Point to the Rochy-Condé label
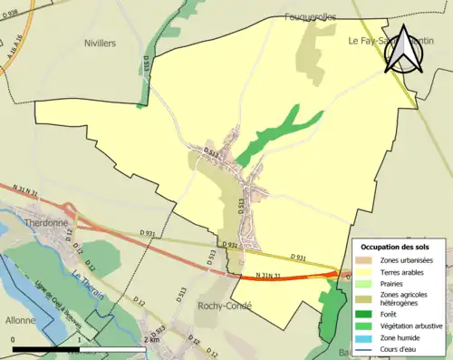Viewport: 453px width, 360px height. coord(224,306)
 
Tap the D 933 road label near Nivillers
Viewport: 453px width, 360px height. coord(147,63)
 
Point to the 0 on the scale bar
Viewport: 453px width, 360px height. coord(14,339)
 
